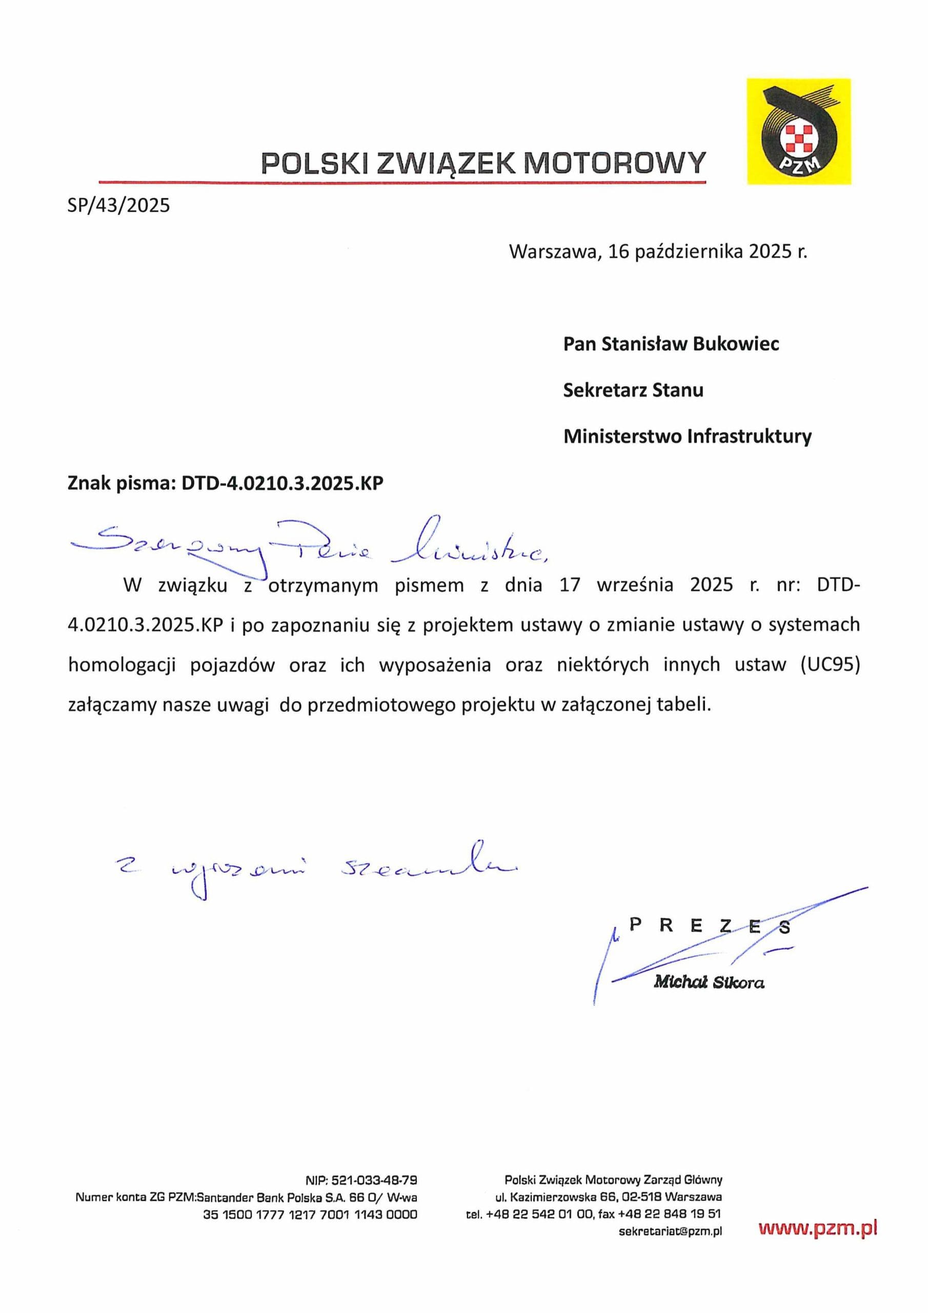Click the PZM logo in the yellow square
[x=799, y=131]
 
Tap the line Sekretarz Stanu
[x=633, y=390]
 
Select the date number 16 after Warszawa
[x=618, y=251]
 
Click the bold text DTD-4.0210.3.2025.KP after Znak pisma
[x=282, y=483]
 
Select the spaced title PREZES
[x=709, y=926]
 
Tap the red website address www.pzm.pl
[x=818, y=1228]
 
